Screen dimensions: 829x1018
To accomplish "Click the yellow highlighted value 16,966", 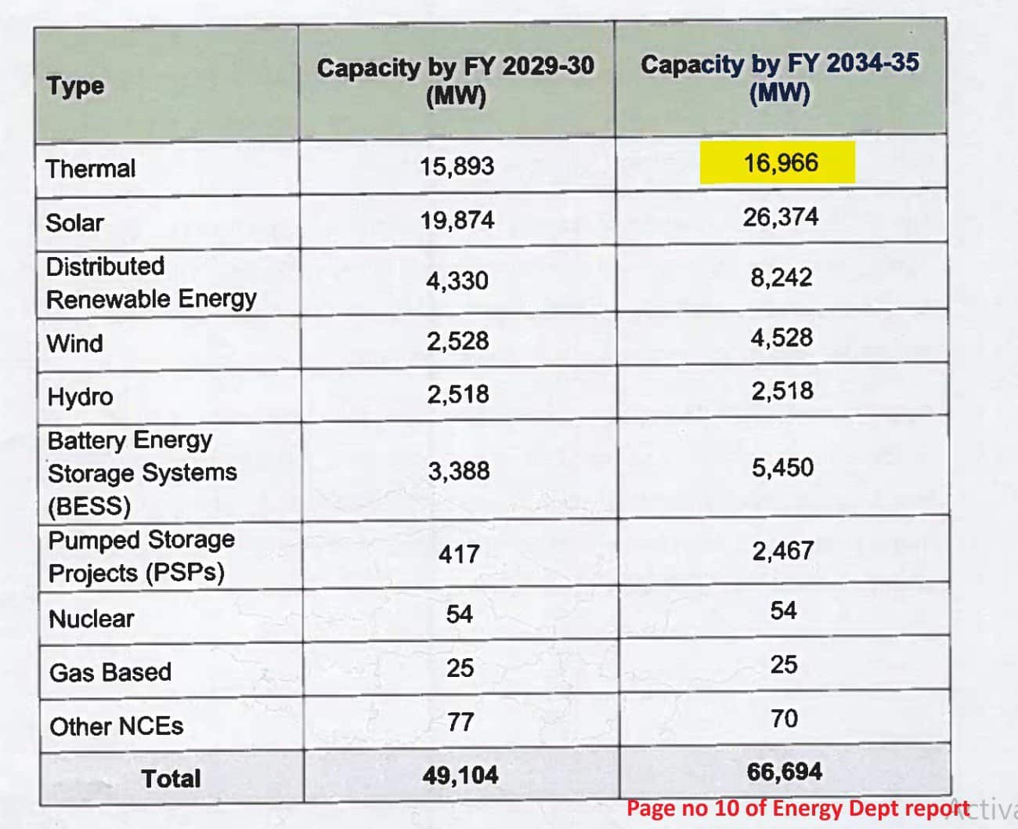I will (780, 163).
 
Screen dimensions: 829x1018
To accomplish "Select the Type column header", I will (75, 85).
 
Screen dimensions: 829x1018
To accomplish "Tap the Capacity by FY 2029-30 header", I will (456, 81).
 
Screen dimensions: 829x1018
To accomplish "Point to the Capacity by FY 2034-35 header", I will (780, 78).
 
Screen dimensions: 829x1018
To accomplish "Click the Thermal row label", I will (91, 168).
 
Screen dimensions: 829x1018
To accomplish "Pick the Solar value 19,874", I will (457, 220).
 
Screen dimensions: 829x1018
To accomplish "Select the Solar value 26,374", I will (781, 217).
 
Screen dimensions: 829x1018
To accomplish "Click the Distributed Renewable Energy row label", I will (151, 282).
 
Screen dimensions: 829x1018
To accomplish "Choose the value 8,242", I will (781, 277).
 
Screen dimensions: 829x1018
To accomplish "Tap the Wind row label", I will (75, 343).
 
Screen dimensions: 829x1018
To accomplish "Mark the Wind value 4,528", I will (782, 338).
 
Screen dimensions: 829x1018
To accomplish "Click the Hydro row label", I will (80, 396).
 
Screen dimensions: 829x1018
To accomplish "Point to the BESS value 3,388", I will (459, 471).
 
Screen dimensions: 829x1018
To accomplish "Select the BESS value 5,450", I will (782, 468).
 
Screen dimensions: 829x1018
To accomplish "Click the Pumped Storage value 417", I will (459, 555).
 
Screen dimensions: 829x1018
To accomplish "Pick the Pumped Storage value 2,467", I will (783, 551).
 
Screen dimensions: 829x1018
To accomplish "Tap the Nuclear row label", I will (92, 619).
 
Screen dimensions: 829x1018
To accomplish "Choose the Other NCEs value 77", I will (460, 722).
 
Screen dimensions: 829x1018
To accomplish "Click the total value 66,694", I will (785, 772).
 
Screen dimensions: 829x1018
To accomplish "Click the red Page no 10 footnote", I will (797, 809).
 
